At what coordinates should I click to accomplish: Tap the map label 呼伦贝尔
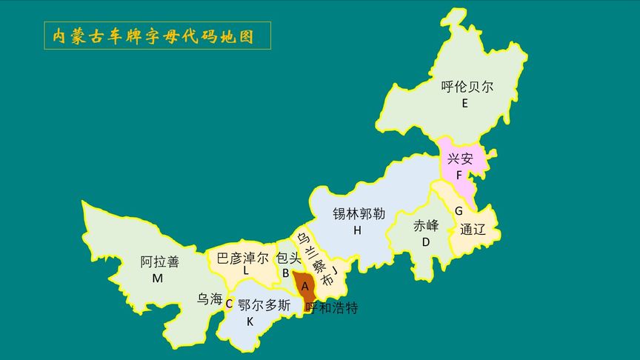click(467, 87)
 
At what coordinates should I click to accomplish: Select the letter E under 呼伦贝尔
click(464, 104)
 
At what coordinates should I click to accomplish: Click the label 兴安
click(460, 159)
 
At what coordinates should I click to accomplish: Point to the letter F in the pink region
click(459, 176)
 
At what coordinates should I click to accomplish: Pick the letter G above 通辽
click(459, 210)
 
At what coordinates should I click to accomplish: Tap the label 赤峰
click(426, 226)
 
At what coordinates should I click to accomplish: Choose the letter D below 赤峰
click(426, 242)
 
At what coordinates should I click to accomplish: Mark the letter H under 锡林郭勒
click(357, 230)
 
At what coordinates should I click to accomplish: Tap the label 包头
click(288, 258)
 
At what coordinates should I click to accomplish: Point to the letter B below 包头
click(285, 273)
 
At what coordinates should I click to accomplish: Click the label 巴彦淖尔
click(243, 258)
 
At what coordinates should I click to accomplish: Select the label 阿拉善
click(160, 261)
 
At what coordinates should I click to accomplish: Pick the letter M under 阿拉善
click(158, 279)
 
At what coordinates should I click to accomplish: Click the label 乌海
click(210, 299)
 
